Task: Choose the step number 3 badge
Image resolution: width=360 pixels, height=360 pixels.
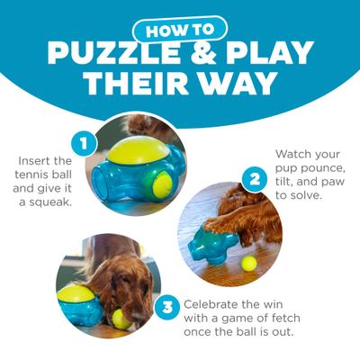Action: pos(166,306)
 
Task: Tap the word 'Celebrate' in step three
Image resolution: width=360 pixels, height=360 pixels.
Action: pos(213,304)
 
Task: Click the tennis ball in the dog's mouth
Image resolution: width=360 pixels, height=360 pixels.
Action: pos(121,318)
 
